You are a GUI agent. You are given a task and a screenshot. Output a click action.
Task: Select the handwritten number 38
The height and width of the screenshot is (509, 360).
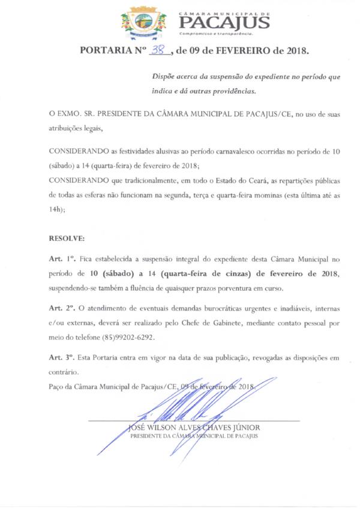158,52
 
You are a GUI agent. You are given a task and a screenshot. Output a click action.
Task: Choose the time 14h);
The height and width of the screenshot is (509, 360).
57,210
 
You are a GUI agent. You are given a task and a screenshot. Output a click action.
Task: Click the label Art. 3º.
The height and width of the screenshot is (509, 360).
62,357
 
